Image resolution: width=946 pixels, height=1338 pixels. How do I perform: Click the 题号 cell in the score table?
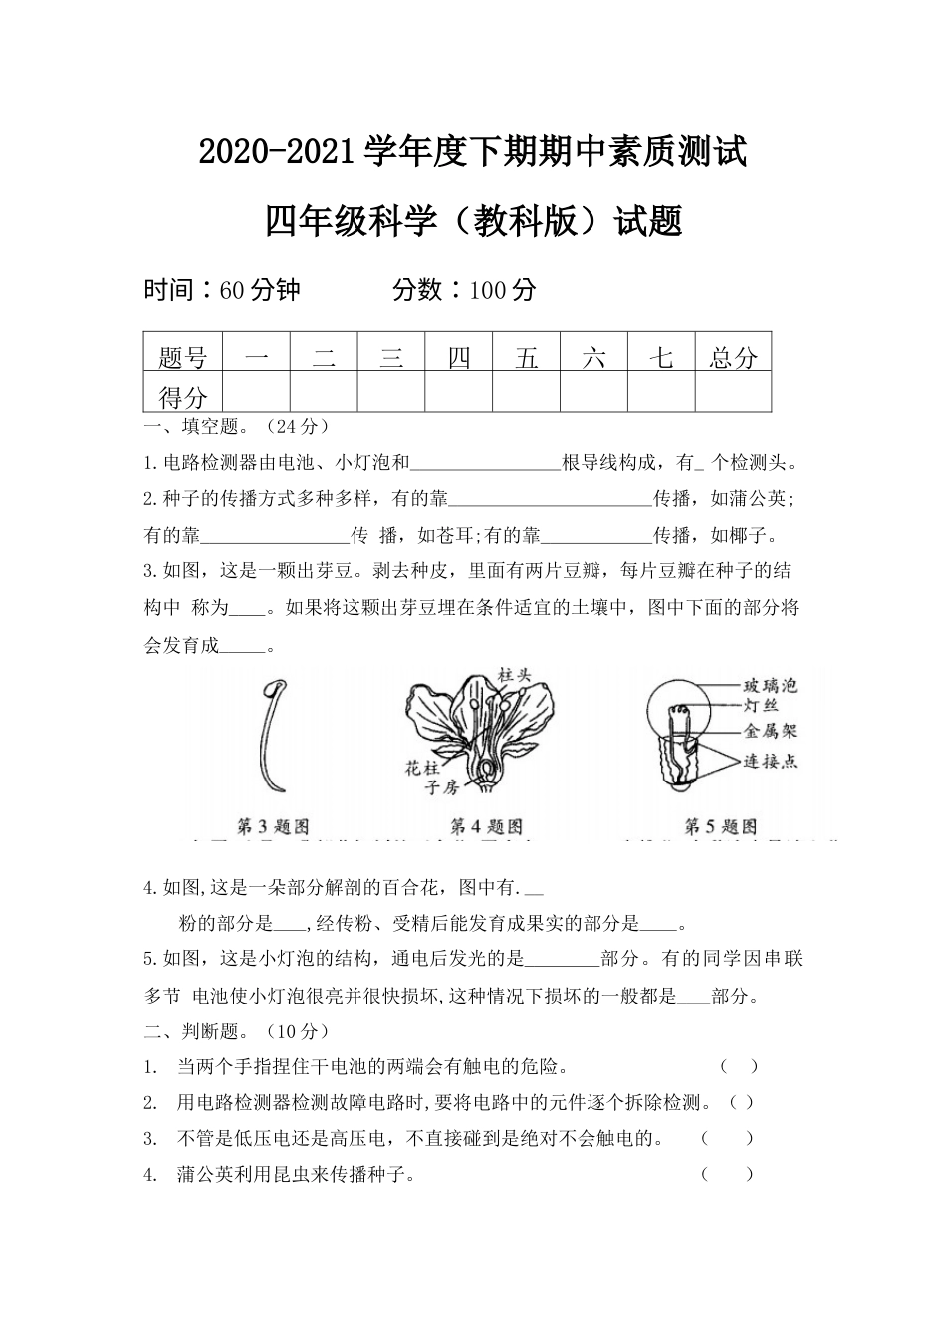(x=183, y=358)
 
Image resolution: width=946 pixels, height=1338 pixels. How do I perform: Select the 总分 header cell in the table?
(x=733, y=358)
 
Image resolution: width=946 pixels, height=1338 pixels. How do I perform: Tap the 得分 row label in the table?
(x=183, y=398)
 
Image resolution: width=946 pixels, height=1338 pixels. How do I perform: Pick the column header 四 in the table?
(x=459, y=358)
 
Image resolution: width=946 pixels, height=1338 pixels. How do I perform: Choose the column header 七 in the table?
(x=661, y=358)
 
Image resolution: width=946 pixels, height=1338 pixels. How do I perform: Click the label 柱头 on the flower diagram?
(x=515, y=675)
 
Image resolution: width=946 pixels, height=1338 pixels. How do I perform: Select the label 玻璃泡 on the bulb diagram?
(x=770, y=686)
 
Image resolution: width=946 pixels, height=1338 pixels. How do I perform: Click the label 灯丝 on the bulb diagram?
(x=760, y=706)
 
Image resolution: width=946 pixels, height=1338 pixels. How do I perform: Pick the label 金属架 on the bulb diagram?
(x=770, y=731)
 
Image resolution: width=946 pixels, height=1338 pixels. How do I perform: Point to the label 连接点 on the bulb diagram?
(x=770, y=761)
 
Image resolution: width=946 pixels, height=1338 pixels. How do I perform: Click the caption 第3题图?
(x=272, y=826)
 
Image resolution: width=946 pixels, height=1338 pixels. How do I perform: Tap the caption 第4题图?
(x=486, y=826)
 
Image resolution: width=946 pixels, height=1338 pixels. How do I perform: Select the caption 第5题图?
(x=720, y=826)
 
